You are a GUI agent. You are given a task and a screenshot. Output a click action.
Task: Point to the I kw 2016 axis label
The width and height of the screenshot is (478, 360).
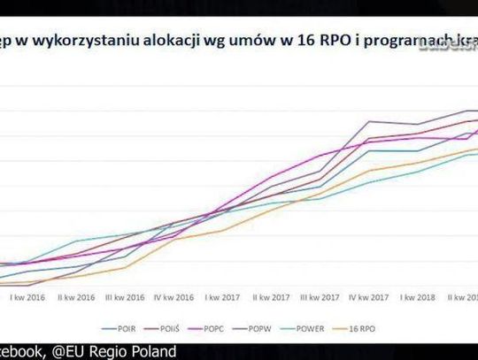click(x=29, y=298)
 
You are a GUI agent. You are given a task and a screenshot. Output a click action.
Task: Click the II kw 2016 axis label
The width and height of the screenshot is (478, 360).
click(x=76, y=298)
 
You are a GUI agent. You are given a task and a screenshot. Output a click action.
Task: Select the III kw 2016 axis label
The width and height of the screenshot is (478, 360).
click(x=125, y=298)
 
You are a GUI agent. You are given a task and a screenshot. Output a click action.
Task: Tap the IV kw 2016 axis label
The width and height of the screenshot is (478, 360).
click(x=173, y=298)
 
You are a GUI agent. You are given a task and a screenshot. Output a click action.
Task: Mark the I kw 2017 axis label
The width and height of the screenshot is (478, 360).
click(x=222, y=298)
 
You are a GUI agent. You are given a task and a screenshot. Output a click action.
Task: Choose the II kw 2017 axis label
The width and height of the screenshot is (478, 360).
click(x=271, y=298)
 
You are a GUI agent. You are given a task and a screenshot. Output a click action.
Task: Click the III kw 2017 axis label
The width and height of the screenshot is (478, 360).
click(x=320, y=298)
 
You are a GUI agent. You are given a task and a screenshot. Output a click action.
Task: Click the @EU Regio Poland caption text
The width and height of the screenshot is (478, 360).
click(x=119, y=350)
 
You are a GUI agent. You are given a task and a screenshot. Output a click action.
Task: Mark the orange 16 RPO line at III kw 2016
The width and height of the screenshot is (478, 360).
click(x=125, y=267)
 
